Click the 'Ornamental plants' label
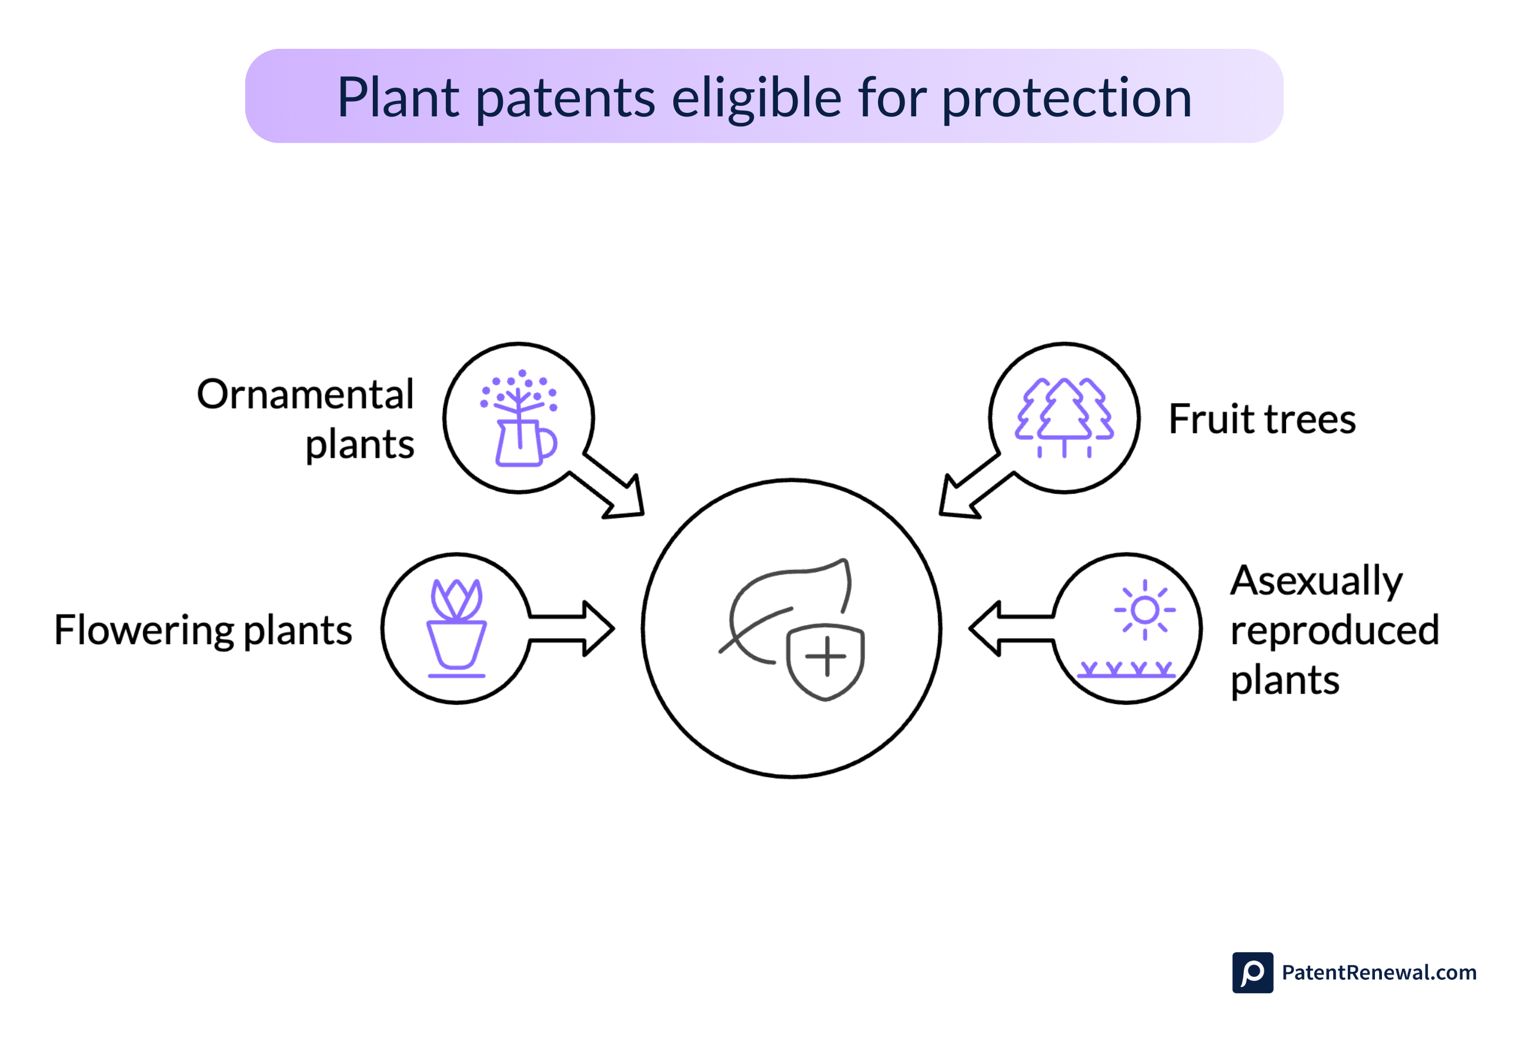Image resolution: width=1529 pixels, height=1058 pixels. click(x=306, y=419)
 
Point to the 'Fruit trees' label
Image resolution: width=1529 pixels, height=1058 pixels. click(x=1262, y=420)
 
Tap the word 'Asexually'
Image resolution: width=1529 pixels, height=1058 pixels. click(x=1316, y=581)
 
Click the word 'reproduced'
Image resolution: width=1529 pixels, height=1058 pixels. click(x=1334, y=631)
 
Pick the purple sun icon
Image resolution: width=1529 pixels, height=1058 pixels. click(x=1144, y=610)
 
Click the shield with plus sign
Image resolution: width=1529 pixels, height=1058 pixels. click(x=825, y=660)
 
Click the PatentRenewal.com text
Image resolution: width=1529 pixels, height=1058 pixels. click(x=1378, y=973)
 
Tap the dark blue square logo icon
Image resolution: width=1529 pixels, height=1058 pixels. click(x=1252, y=973)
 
